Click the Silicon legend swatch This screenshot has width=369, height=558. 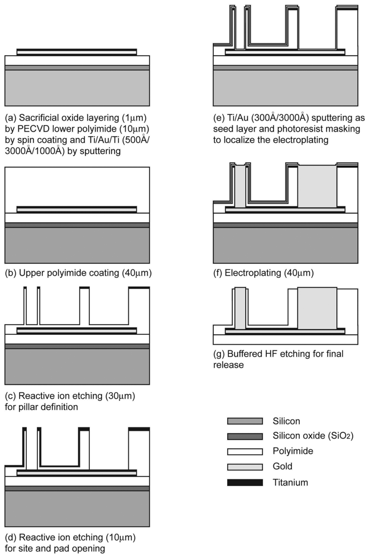pyautogui.click(x=245, y=421)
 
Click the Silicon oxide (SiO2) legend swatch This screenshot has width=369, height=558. pyautogui.click(x=245, y=436)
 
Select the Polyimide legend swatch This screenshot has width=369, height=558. pyautogui.click(x=245, y=451)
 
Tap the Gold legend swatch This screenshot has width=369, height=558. pyautogui.click(x=245, y=466)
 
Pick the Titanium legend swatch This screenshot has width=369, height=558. pyautogui.click(x=245, y=482)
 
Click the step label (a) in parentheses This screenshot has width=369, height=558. pyautogui.click(x=10, y=118)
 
